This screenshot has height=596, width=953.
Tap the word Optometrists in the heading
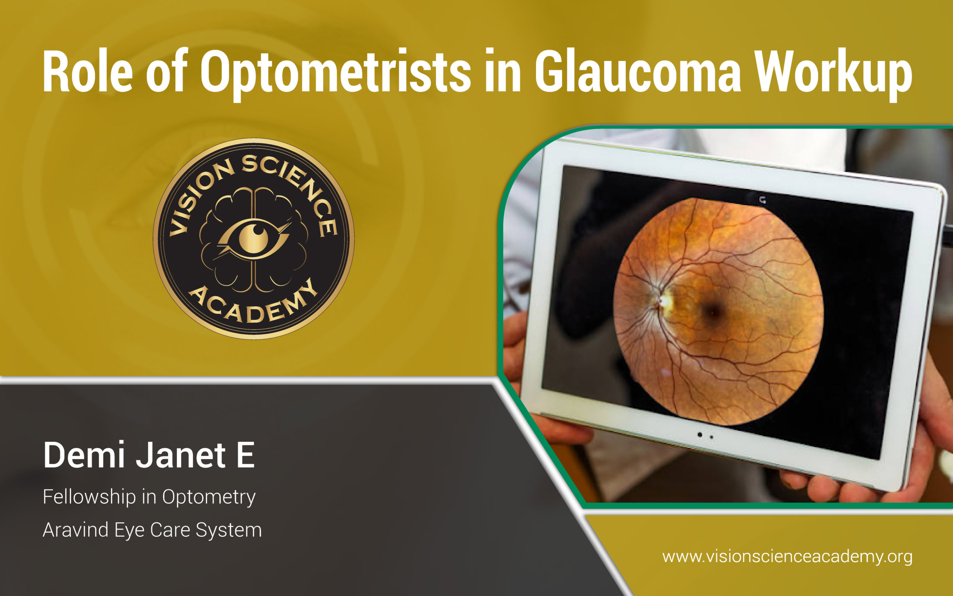pyautogui.click(x=335, y=73)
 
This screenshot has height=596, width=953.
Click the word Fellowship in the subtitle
pyautogui.click(x=89, y=497)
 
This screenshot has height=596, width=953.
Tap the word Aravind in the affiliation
pyautogui.click(x=75, y=529)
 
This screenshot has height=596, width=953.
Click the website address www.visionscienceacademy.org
pyautogui.click(x=787, y=557)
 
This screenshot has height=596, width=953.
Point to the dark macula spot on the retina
pyautogui.click(x=712, y=313)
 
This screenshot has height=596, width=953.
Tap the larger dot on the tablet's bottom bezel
pyautogui.click(x=699, y=435)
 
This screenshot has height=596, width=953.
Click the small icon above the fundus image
pyautogui.click(x=763, y=200)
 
